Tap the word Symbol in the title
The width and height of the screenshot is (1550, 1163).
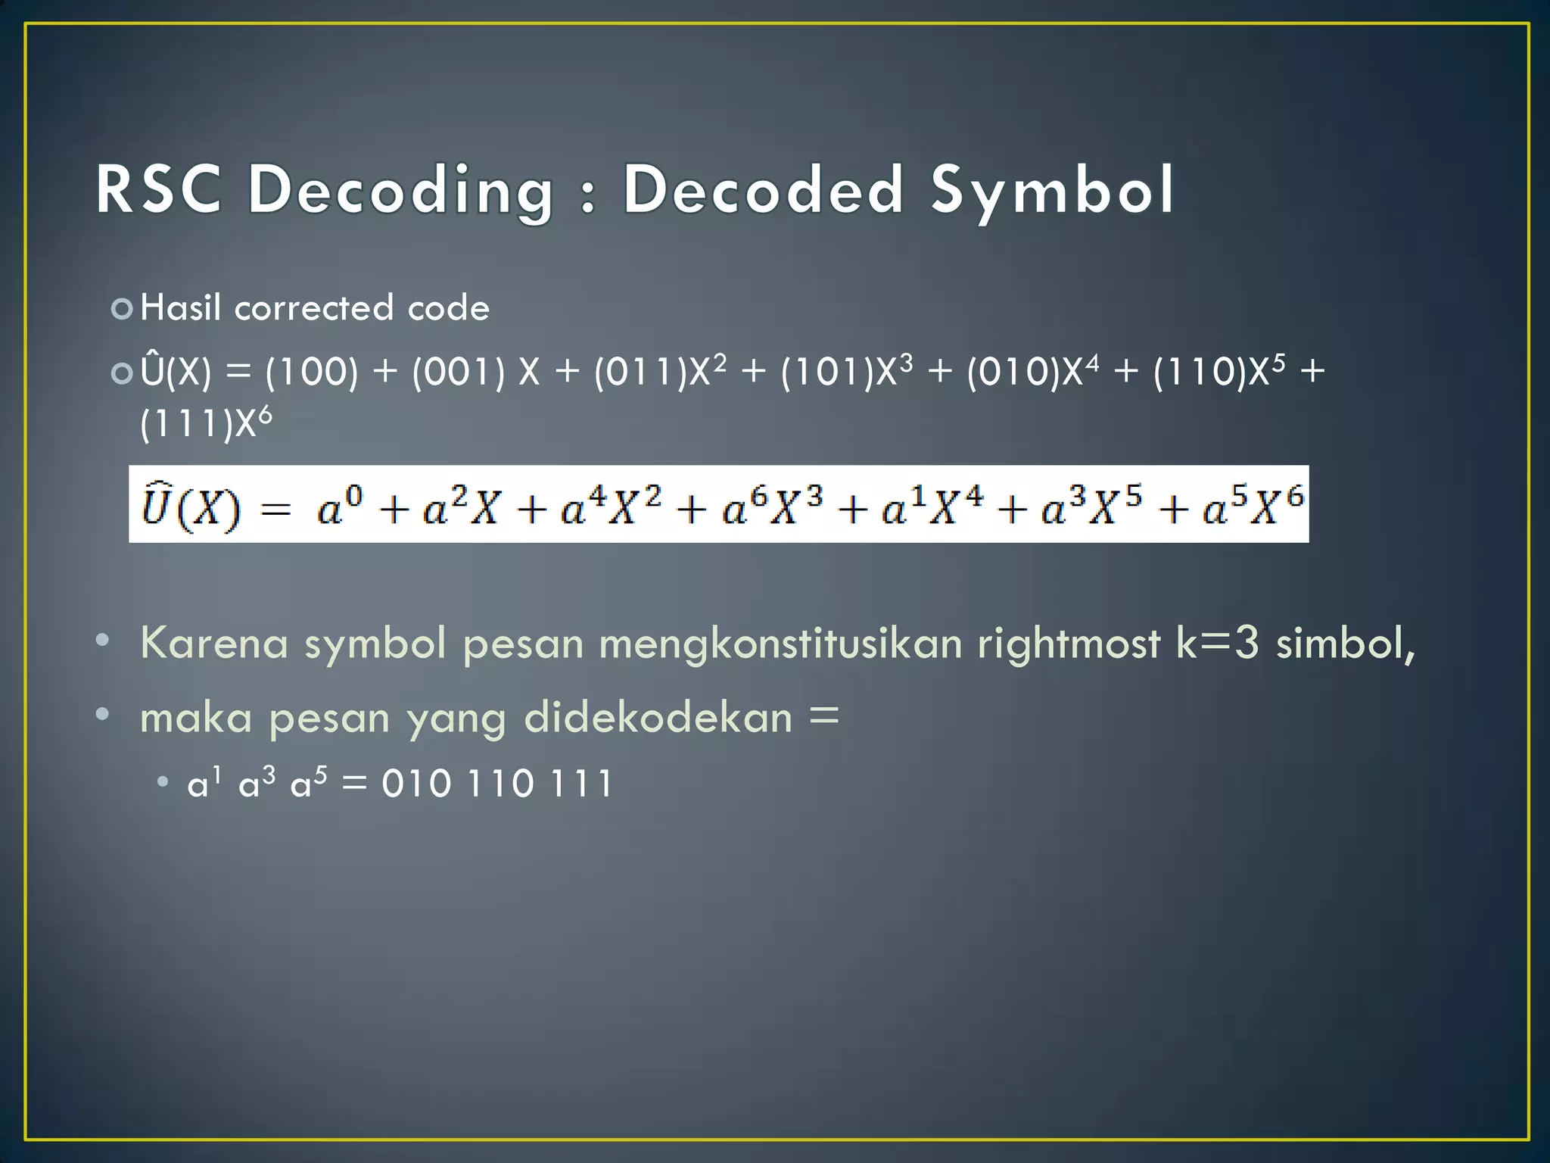(x=1052, y=191)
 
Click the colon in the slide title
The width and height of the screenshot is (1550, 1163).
(x=587, y=195)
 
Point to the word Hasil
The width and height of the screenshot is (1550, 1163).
(x=181, y=308)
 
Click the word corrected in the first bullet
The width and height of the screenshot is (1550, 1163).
(x=314, y=308)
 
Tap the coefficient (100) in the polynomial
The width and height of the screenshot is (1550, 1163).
(x=311, y=372)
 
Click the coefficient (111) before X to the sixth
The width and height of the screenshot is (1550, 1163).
(x=186, y=423)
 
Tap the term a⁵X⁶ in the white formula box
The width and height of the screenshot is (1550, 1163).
(x=1253, y=505)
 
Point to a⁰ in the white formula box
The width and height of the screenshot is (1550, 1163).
(x=340, y=507)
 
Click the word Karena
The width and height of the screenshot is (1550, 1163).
(x=214, y=643)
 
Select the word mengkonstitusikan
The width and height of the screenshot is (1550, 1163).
(x=780, y=643)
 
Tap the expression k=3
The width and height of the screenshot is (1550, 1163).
(x=1217, y=643)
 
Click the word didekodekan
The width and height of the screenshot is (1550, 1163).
(x=658, y=717)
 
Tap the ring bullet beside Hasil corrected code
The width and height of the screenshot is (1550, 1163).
(x=121, y=309)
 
